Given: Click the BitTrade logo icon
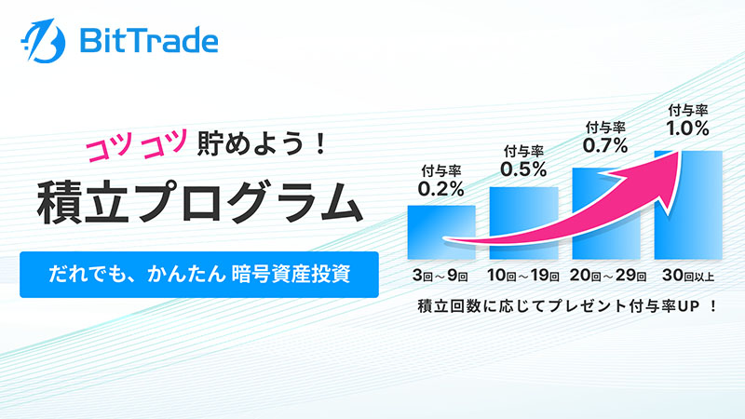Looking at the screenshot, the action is tap(43, 41).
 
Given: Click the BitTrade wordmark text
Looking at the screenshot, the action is tap(149, 41).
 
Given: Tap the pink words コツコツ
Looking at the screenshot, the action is tap(137, 145).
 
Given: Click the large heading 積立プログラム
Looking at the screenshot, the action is tap(200, 202).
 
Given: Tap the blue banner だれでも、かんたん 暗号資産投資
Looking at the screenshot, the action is tap(199, 275).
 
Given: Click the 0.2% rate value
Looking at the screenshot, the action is tap(440, 189).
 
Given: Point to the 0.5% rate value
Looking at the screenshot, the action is tap(523, 169).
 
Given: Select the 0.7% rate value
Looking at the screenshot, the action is tap(605, 145).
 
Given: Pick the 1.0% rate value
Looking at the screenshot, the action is tap(687, 128).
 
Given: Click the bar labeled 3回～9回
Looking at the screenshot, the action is tap(441, 232).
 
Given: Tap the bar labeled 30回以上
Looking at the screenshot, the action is tap(688, 205).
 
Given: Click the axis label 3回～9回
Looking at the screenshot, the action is tap(440, 276).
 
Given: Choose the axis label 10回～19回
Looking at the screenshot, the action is tap(523, 276).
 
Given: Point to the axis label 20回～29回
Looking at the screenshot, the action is tap(608, 276).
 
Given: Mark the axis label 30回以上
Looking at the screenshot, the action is tap(688, 276).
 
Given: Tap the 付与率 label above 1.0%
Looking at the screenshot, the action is tap(688, 111).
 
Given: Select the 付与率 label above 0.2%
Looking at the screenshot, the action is tap(440, 171).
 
